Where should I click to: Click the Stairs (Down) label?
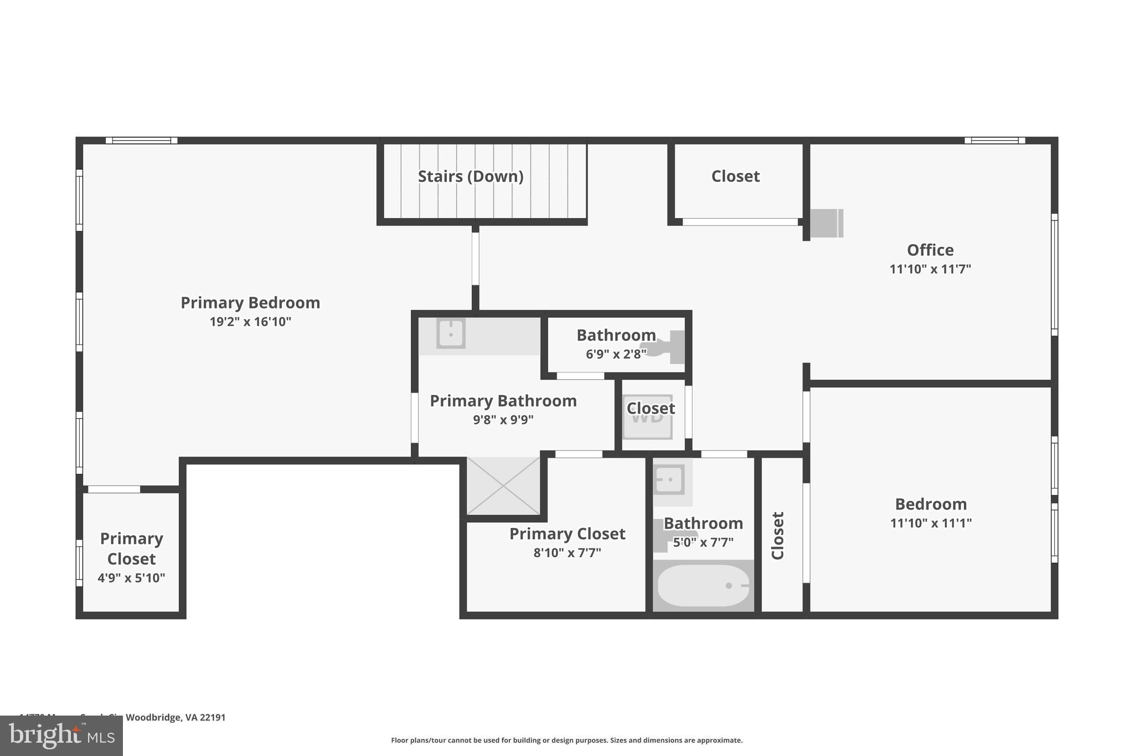(x=470, y=176)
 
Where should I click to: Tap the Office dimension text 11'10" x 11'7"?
(x=930, y=269)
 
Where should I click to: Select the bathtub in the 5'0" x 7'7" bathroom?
(x=703, y=585)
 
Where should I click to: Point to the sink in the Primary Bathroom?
(x=450, y=333)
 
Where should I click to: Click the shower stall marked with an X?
(x=503, y=486)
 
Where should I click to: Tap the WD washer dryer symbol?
(x=647, y=416)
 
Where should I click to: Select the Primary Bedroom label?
(x=250, y=303)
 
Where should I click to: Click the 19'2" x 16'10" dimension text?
(x=250, y=322)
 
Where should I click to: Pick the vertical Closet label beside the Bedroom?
(x=777, y=535)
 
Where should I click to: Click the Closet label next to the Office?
(x=735, y=176)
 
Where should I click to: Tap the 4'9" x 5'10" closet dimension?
(x=131, y=578)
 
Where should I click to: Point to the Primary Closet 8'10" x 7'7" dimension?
(x=567, y=553)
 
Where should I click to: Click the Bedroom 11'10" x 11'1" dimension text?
(x=930, y=523)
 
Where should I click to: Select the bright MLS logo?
(x=61, y=736)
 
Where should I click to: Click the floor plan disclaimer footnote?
(x=566, y=740)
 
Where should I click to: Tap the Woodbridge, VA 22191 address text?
(x=176, y=717)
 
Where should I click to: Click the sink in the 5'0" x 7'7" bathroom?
(x=669, y=479)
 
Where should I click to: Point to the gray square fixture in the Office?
(x=826, y=223)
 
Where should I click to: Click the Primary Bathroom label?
(x=503, y=401)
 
